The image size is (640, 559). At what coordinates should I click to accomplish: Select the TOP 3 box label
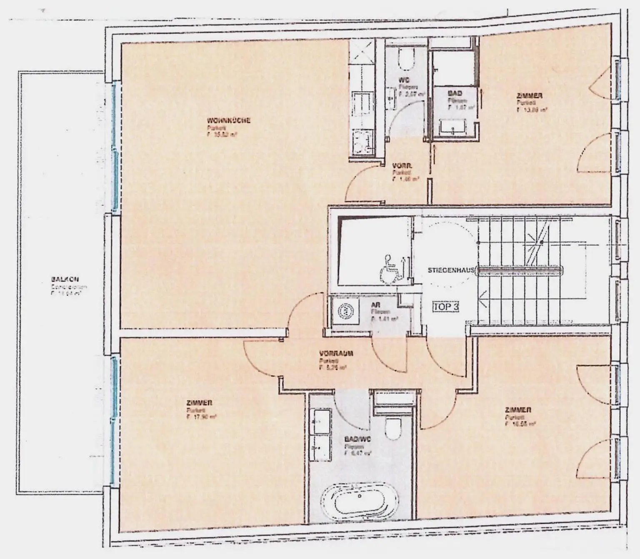pos(446,307)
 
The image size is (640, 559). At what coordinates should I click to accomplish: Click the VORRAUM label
pos(336,353)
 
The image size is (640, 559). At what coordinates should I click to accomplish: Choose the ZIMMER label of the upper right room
pos(529,96)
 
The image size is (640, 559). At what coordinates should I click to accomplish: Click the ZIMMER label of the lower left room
pos(200,403)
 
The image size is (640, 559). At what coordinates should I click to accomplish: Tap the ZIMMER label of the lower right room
pos(517,410)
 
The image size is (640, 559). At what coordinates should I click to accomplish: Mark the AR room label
pos(375,305)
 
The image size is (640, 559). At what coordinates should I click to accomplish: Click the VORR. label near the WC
pos(402,165)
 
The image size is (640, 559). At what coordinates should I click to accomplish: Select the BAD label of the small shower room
pos(455,93)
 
